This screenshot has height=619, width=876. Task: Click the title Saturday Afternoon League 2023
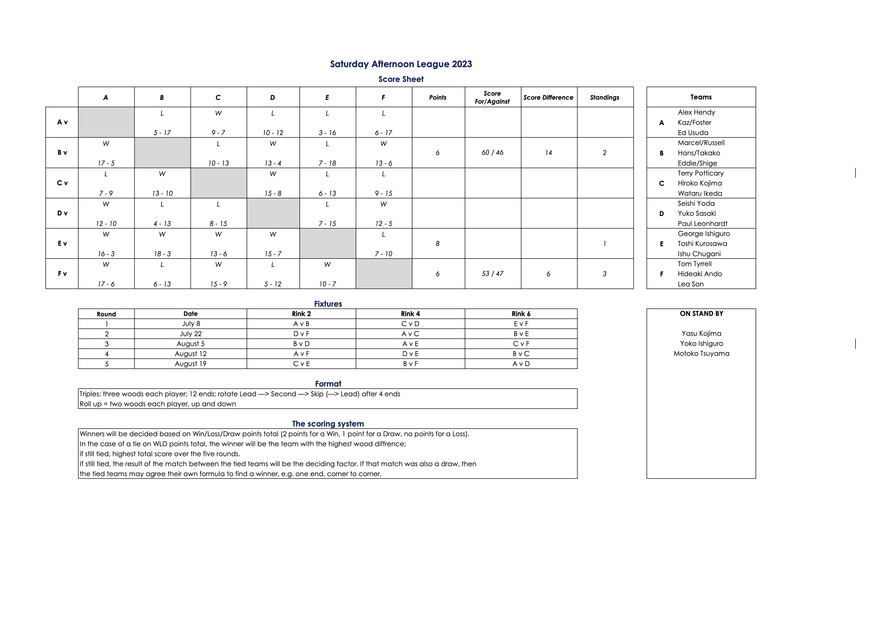tap(401, 64)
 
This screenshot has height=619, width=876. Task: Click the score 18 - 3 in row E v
tap(162, 254)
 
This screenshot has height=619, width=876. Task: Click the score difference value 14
tap(548, 153)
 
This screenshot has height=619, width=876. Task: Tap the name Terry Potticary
tap(700, 173)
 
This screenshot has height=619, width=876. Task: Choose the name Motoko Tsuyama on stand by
tap(701, 354)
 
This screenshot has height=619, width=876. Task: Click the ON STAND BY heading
tap(701, 314)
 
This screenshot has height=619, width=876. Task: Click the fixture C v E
tap(301, 364)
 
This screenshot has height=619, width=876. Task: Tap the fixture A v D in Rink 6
tap(521, 364)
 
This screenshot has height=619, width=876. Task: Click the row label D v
tap(62, 213)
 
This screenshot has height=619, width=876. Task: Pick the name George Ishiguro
tap(704, 234)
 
